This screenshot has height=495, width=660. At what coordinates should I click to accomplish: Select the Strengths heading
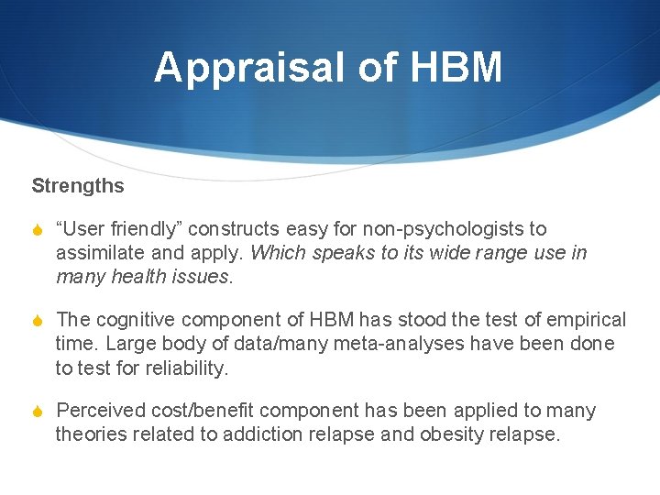pos(78,185)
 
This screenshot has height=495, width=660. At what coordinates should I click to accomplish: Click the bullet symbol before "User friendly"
pos(38,229)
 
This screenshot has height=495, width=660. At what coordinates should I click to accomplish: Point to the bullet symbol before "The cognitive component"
pos(38,320)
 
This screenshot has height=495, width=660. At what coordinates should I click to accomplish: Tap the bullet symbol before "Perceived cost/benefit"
pos(38,412)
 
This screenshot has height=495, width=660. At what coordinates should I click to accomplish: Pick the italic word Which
pos(278,252)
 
